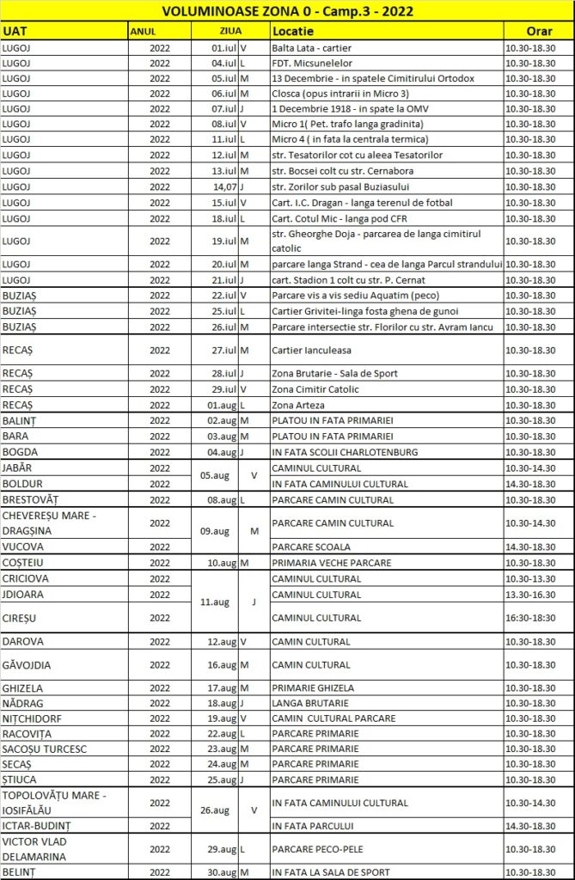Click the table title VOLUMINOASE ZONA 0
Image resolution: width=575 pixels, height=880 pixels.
tap(287, 10)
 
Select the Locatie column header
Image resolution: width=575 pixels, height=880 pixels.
tap(291, 30)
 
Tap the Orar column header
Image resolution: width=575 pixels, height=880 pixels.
tap(538, 30)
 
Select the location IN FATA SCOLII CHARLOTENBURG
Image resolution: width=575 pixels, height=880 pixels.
tap(345, 452)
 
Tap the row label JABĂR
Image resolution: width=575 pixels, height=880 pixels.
tap(18, 468)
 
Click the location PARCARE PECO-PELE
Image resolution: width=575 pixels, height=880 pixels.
tap(321, 849)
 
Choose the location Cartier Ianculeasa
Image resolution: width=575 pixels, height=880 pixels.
tap(311, 350)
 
